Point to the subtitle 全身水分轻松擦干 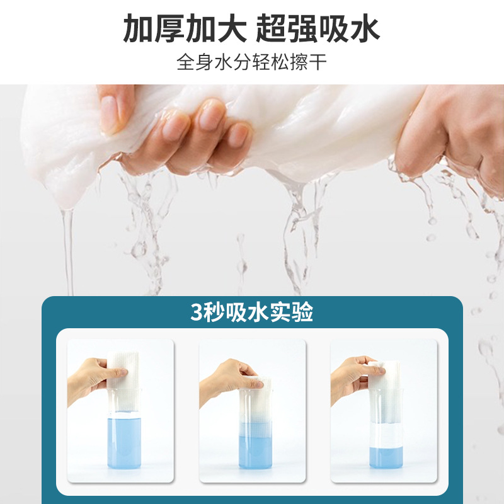click(x=252, y=63)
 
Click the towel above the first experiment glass click(x=126, y=372)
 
